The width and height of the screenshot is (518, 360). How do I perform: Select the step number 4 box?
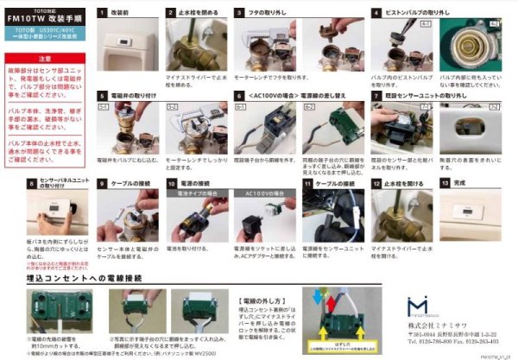tap(376, 13)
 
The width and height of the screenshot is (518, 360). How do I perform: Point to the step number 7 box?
tap(376, 96)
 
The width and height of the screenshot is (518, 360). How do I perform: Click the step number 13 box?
tap(445, 183)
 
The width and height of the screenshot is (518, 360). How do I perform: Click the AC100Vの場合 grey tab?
tap(262, 194)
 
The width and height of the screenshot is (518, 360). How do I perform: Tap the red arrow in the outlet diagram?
tap(315, 298)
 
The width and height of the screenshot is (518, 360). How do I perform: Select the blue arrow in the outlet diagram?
tap(327, 298)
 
